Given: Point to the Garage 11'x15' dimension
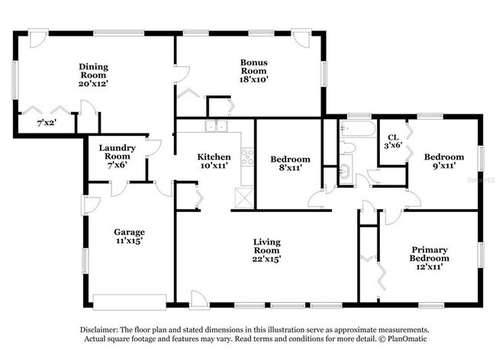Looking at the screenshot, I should [129, 241].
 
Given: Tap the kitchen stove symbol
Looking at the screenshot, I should [247, 157].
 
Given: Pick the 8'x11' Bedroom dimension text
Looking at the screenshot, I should [291, 170].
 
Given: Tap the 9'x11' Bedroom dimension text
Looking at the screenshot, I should [444, 166].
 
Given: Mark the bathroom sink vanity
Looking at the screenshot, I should [343, 172].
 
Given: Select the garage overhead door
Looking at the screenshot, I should [127, 298].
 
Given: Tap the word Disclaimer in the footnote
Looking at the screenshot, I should [104, 329].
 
